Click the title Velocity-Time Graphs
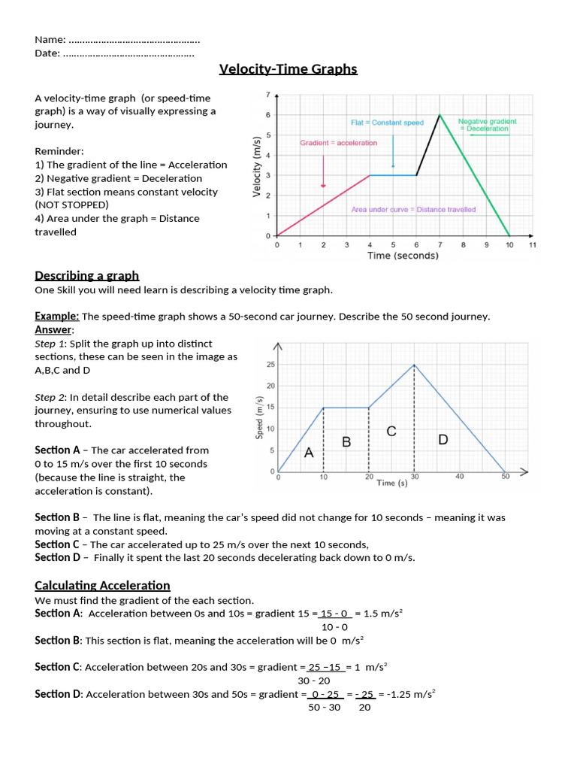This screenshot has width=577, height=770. pos(288,70)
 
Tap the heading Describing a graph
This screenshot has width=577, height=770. pos(87,275)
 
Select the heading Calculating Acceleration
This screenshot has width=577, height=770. pos(102,585)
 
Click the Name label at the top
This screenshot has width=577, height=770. pos(50,39)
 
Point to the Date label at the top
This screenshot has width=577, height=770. pos(48,53)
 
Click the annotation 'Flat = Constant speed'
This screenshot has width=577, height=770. pos(387,123)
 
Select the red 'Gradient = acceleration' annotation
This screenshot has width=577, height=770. pos(338,143)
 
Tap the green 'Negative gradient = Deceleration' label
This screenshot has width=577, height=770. pos(487,125)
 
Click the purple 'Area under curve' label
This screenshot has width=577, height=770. pos(413,210)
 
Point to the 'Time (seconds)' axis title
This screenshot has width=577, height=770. pos(403,256)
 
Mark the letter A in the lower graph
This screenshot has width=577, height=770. pos(308,453)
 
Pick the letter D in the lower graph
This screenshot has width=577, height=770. pos(443,439)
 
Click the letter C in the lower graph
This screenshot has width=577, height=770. pos(391,431)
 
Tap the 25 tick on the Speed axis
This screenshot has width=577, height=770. pos(270,365)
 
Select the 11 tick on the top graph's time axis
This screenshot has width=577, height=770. pos(533,245)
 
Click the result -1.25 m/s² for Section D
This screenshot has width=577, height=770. pos(412,694)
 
